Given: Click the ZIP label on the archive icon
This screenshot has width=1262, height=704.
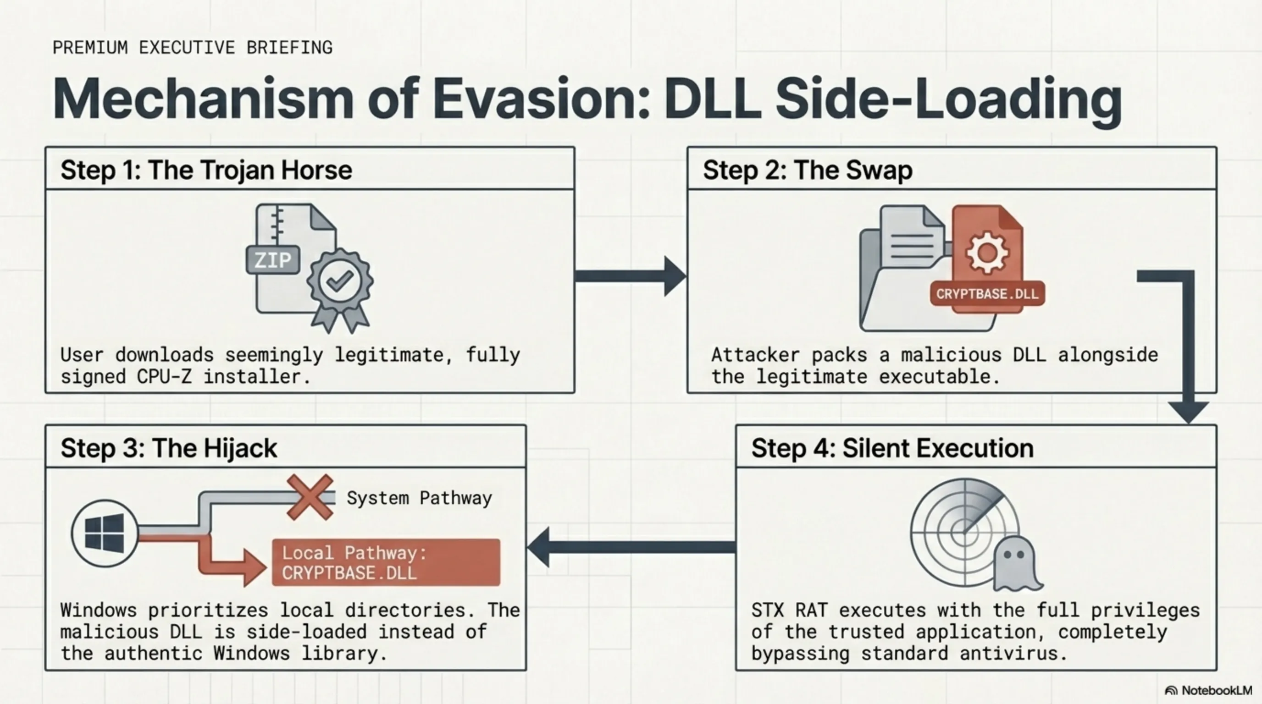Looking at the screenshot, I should [272, 259].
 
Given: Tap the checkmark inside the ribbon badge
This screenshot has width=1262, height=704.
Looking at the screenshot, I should [340, 280].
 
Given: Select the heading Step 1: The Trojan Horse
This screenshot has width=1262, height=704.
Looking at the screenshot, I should [206, 170].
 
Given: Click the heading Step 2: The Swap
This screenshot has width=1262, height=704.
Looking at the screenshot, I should [808, 170].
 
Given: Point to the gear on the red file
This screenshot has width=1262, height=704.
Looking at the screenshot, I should [987, 253].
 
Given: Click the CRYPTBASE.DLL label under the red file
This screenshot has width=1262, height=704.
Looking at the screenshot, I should [987, 294].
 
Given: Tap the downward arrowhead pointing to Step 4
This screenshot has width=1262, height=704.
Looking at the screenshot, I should [1189, 411].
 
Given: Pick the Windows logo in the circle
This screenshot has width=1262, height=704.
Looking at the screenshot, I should [105, 533].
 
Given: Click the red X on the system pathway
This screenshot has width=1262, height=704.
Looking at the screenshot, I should [310, 497].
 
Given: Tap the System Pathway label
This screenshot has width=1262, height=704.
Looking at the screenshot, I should [419, 498].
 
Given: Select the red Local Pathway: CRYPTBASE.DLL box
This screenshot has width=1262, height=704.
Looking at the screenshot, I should [386, 562].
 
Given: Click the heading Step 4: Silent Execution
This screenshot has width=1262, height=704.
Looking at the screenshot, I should [892, 448].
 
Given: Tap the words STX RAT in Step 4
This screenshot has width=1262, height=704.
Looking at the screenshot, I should [789, 610].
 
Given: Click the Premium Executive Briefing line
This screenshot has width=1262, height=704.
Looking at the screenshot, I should [193, 48].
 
